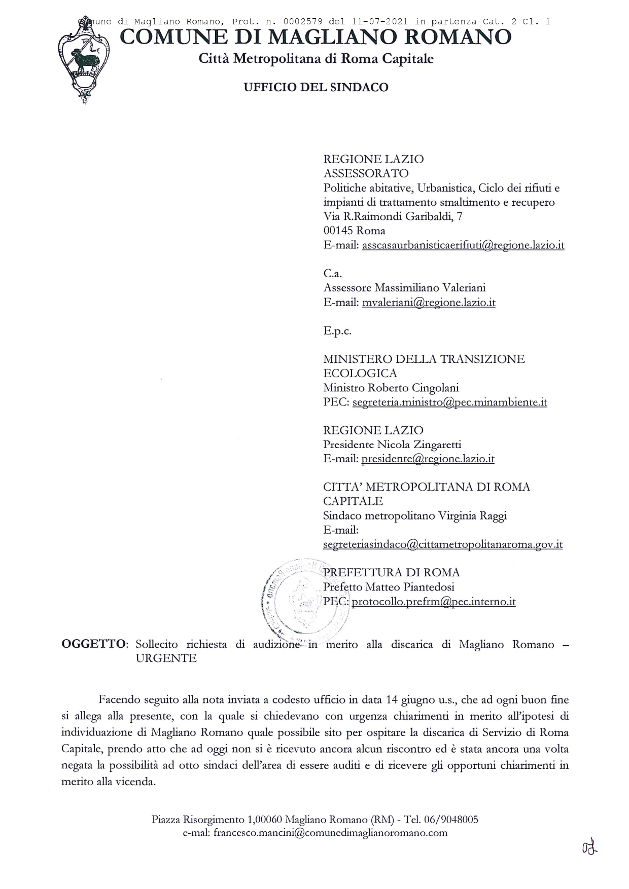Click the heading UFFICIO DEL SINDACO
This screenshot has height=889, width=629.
316,87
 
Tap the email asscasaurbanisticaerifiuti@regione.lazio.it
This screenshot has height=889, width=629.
463,245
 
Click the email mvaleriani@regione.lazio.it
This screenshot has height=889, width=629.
428,303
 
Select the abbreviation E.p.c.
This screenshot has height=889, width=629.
337,331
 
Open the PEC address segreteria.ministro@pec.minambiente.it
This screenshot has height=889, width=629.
449,402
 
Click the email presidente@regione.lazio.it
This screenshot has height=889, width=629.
428,459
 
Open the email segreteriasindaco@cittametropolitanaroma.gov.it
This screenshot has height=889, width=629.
442,545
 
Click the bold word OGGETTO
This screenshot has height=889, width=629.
94,644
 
